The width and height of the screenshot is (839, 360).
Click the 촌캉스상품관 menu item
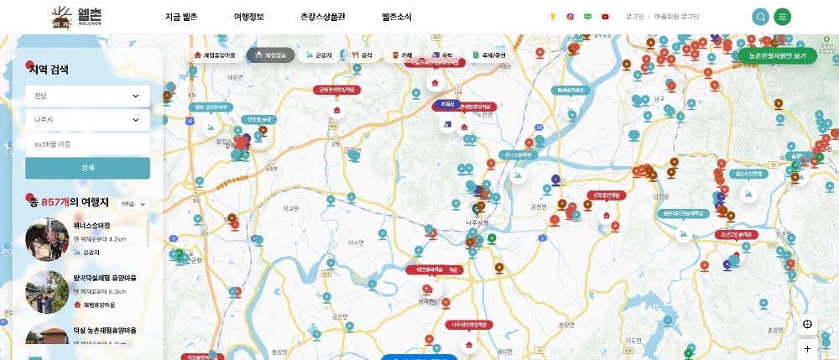coord(322,17)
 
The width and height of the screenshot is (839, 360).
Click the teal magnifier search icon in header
coord(760,17)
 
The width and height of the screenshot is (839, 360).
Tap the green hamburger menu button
coord(783,17)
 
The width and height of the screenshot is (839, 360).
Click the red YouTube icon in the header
coord(605,17)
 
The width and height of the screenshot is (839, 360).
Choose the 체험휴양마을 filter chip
coord(215,55)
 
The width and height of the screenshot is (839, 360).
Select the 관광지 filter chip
coord(319,55)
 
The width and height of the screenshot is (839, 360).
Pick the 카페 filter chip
coord(402,55)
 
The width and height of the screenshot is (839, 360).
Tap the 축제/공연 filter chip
coord(488,55)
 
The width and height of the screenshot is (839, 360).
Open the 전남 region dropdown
coord(87,96)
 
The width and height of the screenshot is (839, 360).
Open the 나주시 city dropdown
coord(87,120)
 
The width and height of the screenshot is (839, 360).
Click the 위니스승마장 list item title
coord(92,226)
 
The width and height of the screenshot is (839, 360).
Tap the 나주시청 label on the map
coord(476,222)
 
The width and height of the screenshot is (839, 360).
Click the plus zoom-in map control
coord(807,348)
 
